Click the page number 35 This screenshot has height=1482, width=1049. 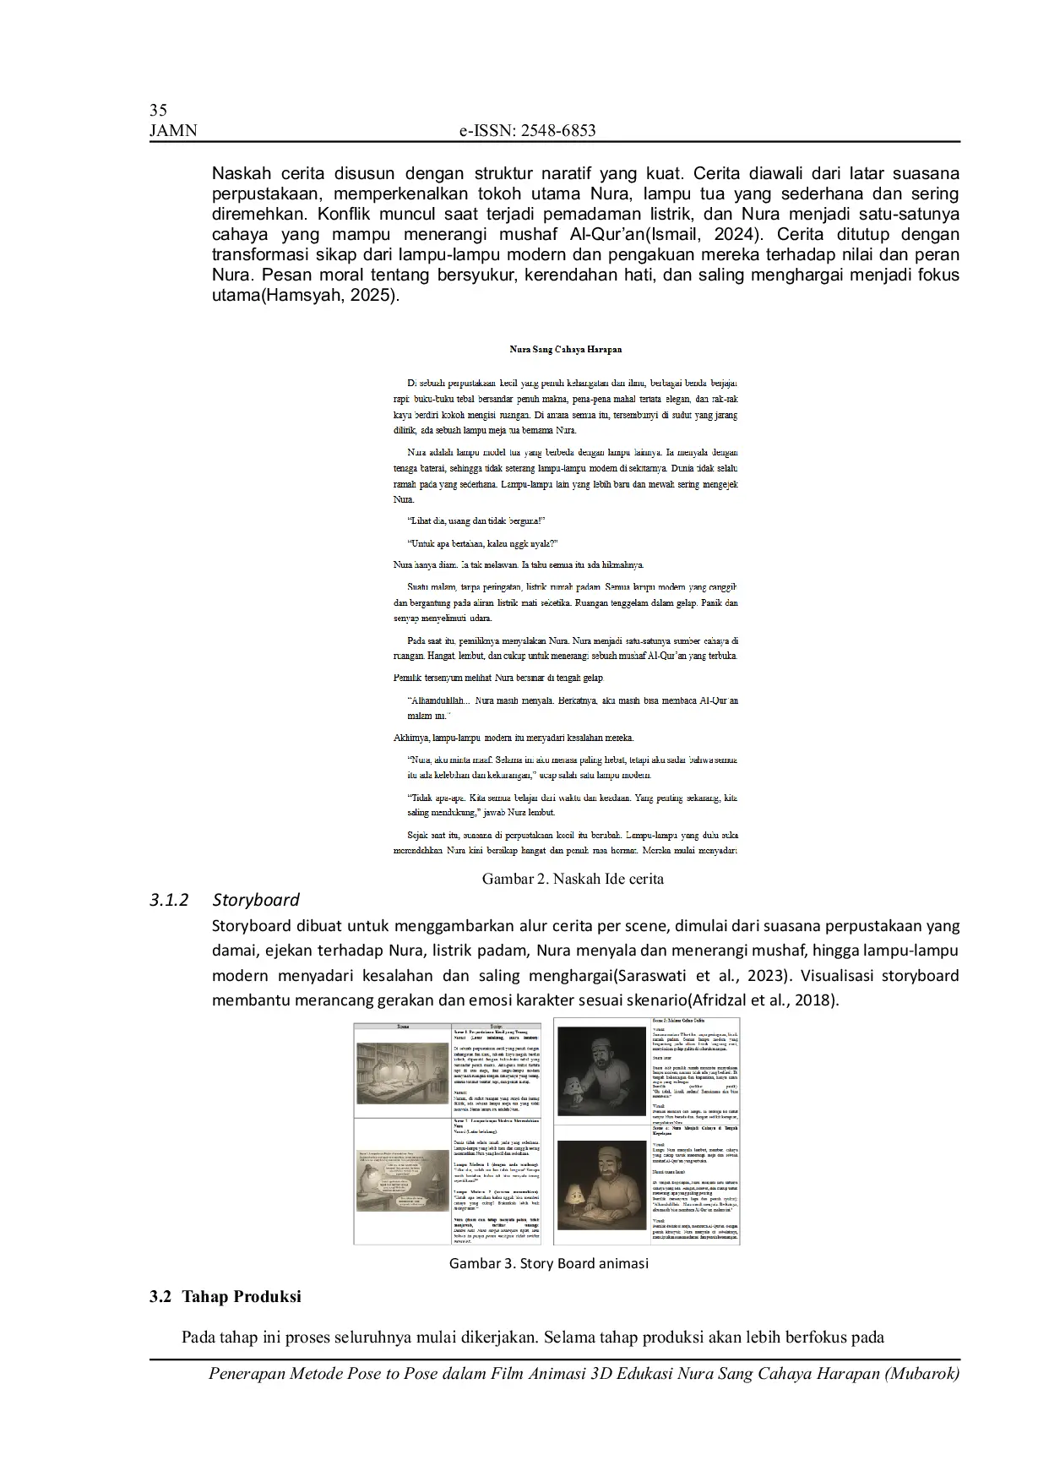pos(158,110)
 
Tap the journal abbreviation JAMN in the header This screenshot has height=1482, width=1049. pos(173,130)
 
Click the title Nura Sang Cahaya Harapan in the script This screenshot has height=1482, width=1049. pos(566,348)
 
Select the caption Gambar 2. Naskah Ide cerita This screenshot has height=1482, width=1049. pos(572,879)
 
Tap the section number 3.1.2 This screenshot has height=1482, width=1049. pos(168,900)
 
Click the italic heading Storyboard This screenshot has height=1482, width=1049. pos(256,900)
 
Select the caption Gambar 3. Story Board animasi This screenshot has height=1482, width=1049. pos(548,1264)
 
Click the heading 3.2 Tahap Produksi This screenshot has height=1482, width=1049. pos(226,1296)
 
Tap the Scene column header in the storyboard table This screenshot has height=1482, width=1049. pos(402,1026)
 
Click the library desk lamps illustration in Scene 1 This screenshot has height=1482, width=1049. pos(402,1071)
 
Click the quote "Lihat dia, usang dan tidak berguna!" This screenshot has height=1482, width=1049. pos(476,521)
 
